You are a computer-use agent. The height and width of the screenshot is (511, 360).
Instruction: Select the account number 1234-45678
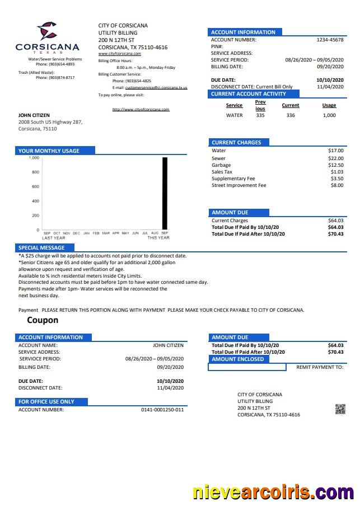pyautogui.click(x=330, y=40)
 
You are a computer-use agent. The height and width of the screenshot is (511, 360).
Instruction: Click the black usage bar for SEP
pyautogui.click(x=165, y=193)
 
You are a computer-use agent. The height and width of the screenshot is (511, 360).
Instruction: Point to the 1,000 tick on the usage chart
pyautogui.click(x=34, y=158)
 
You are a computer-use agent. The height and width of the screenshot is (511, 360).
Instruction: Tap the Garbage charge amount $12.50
pyautogui.click(x=336, y=165)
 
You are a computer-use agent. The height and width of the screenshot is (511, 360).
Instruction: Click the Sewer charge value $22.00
pyautogui.click(x=336, y=158)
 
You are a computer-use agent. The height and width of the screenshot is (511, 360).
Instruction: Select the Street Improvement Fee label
pyautogui.click(x=239, y=185)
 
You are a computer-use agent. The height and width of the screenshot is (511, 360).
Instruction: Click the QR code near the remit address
pyautogui.click(x=340, y=409)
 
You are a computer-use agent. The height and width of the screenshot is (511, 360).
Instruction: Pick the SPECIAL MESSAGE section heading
pyautogui.click(x=41, y=247)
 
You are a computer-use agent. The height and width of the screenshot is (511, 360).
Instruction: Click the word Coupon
pyautogui.click(x=43, y=320)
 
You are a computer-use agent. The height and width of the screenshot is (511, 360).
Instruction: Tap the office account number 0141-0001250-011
pyautogui.click(x=162, y=410)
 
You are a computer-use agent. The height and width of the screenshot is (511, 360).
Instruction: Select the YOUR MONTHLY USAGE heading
pyautogui.click(x=49, y=151)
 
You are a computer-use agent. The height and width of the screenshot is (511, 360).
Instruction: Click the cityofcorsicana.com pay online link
pyautogui.click(x=141, y=109)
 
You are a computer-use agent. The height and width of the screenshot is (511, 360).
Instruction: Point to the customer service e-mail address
pyautogui.click(x=156, y=88)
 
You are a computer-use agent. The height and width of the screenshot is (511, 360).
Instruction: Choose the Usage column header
pyautogui.click(x=329, y=105)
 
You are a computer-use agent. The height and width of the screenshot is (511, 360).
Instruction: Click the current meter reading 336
pyautogui.click(x=290, y=115)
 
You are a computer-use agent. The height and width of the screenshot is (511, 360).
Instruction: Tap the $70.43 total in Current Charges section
pyautogui.click(x=335, y=234)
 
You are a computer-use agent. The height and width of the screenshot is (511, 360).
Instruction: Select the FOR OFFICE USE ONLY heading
pyautogui.click(x=46, y=401)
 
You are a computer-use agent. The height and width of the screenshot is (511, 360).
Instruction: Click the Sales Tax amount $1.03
pyautogui.click(x=337, y=172)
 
